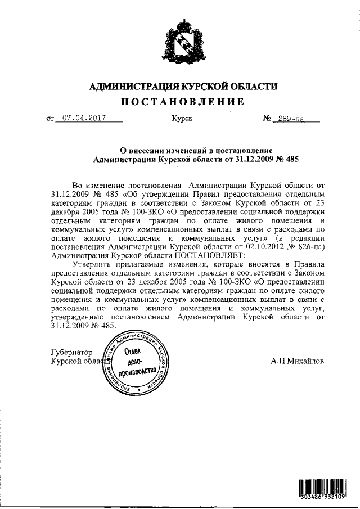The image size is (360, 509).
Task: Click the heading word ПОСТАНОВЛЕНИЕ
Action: (x=183, y=102)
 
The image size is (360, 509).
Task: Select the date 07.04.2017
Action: (x=85, y=119)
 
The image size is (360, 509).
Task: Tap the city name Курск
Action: (x=181, y=119)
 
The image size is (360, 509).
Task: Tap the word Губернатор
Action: (x=71, y=351)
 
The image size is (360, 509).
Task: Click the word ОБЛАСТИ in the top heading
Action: (x=253, y=86)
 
